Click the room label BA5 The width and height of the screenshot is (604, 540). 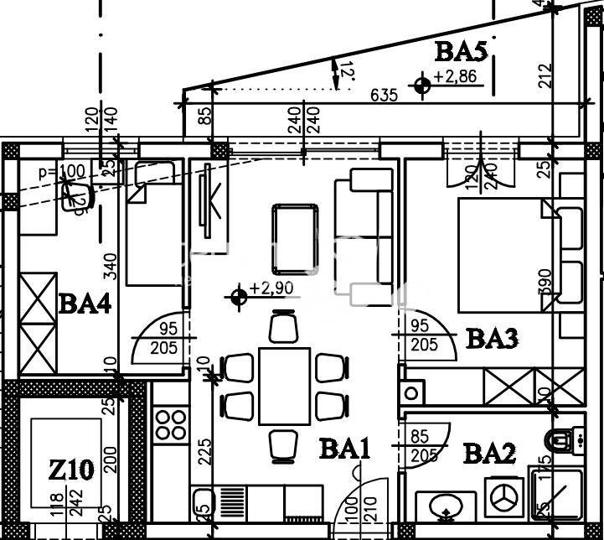461,52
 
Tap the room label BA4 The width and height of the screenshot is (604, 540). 85,303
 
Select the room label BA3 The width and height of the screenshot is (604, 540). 492,338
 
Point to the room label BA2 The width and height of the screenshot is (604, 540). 490,454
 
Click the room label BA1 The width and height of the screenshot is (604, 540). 344,450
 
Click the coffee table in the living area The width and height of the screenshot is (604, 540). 295,229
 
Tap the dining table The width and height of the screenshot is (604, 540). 284,385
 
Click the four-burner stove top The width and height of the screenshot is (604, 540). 171,422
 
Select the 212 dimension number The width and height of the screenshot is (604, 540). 546,76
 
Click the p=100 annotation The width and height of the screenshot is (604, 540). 62,172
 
